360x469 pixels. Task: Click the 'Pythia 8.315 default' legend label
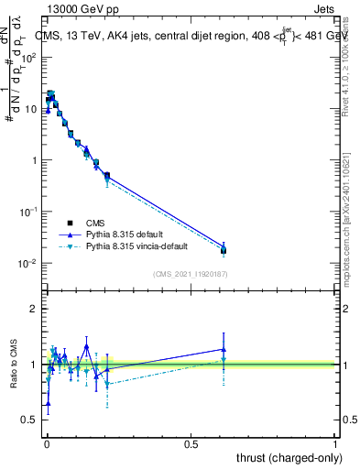[125, 234]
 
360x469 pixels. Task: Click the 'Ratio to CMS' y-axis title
[14, 365]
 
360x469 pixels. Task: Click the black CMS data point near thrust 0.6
[224, 250]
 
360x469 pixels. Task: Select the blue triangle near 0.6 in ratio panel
[224, 349]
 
